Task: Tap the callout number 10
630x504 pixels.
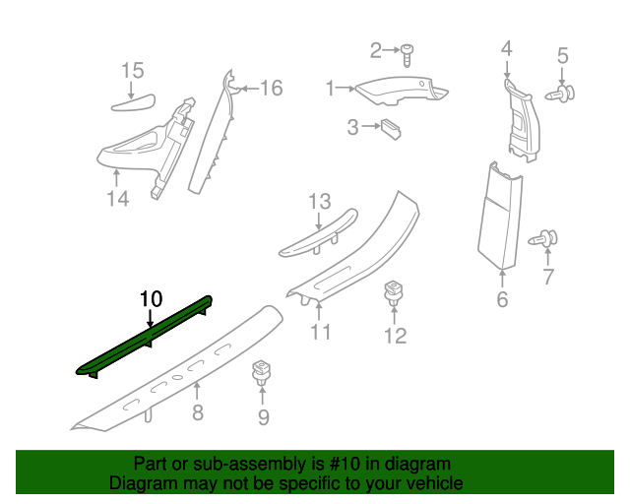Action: (x=150, y=297)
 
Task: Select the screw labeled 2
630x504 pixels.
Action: (x=409, y=51)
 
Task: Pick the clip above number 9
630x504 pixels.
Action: (x=261, y=373)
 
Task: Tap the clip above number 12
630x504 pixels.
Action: (x=394, y=292)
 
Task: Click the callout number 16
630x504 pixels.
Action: (x=270, y=89)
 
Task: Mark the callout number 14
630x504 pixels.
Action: (x=117, y=199)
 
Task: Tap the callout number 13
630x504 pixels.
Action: (x=319, y=202)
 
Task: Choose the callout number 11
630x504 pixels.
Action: (x=320, y=332)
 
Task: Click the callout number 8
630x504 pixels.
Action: (x=198, y=412)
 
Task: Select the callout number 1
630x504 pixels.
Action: (x=331, y=89)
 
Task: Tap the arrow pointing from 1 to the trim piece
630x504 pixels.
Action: (x=346, y=89)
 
